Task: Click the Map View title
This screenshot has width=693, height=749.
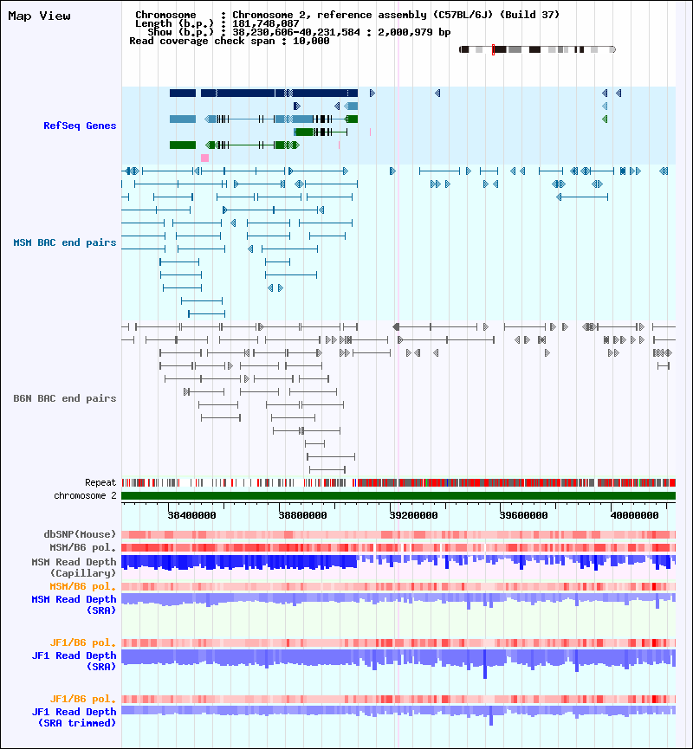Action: click(39, 16)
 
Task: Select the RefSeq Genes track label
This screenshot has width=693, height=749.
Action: click(80, 126)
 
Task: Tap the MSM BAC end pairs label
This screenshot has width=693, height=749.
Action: click(65, 242)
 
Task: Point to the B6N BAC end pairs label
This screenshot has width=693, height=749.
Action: click(65, 398)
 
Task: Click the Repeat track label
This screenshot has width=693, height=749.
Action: click(100, 482)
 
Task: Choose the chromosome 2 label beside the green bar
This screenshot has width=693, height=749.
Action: click(85, 495)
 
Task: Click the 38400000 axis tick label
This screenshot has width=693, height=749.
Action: click(191, 514)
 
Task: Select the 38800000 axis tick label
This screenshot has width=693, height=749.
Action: click(303, 514)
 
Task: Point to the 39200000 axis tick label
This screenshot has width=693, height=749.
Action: click(414, 514)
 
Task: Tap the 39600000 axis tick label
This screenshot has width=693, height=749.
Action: click(526, 514)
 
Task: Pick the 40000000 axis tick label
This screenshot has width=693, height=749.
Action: click(637, 514)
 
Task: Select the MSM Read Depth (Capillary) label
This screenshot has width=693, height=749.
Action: click(74, 567)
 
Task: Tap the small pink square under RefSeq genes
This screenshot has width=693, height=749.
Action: click(204, 158)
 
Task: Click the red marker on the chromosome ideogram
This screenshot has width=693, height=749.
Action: click(493, 49)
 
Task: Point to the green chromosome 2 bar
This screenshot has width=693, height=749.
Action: click(398, 495)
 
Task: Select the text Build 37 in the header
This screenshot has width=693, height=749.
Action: click(536, 15)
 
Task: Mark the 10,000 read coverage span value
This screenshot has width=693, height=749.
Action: click(312, 41)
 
